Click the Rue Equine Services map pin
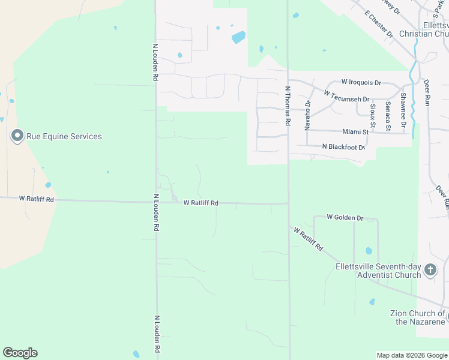[x=17, y=137]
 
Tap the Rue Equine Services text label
[x=64, y=137]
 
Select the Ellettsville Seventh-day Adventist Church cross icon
[x=430, y=270]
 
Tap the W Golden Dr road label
[x=345, y=217]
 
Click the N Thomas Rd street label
[x=288, y=106]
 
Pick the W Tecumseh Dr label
[x=346, y=96]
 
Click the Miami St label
[x=355, y=131]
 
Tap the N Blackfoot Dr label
[x=343, y=147]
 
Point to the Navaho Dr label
[x=307, y=115]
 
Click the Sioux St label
[x=373, y=116]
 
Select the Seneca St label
[x=388, y=116]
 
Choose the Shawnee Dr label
[x=403, y=110]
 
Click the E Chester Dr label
[x=378, y=24]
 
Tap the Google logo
[x=20, y=353]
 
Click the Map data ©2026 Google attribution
[x=412, y=355]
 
